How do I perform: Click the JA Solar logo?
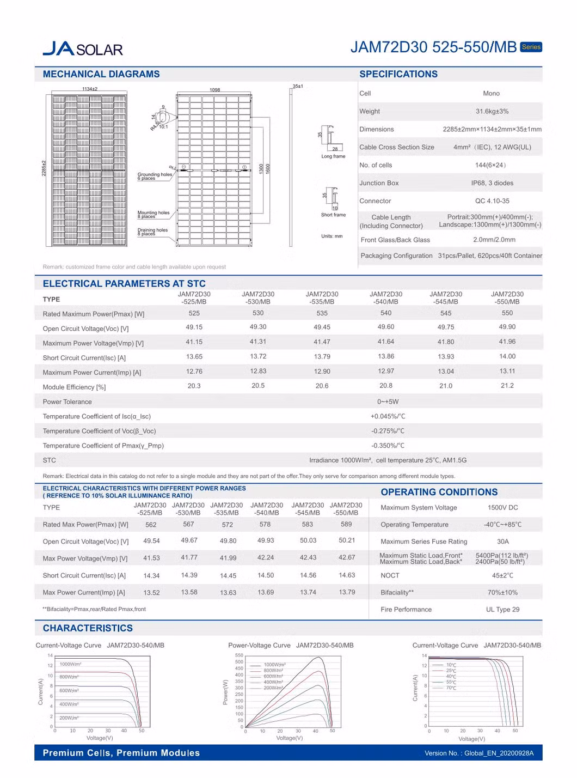tap(83, 49)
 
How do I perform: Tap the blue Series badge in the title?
tap(531, 47)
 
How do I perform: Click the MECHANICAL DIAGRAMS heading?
tap(101, 74)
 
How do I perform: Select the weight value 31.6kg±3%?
tap(492, 111)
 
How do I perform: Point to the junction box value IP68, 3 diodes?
tap(492, 183)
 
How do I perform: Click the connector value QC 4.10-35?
tap(492, 201)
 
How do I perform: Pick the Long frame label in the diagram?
tap(333, 156)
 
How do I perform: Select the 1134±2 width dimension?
tap(90, 89)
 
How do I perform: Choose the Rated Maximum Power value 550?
tap(507, 313)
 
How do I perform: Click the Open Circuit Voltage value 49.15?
tap(194, 327)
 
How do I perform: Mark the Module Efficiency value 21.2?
tap(507, 386)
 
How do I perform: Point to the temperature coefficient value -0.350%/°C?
tap(388, 446)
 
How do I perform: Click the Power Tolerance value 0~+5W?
tap(388, 402)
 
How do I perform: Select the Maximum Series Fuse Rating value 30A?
tap(502, 542)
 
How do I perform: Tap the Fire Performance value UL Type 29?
tap(502, 610)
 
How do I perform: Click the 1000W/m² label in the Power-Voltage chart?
tap(274, 665)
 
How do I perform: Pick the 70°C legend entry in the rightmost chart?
tap(451, 688)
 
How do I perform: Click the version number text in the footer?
tap(479, 753)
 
